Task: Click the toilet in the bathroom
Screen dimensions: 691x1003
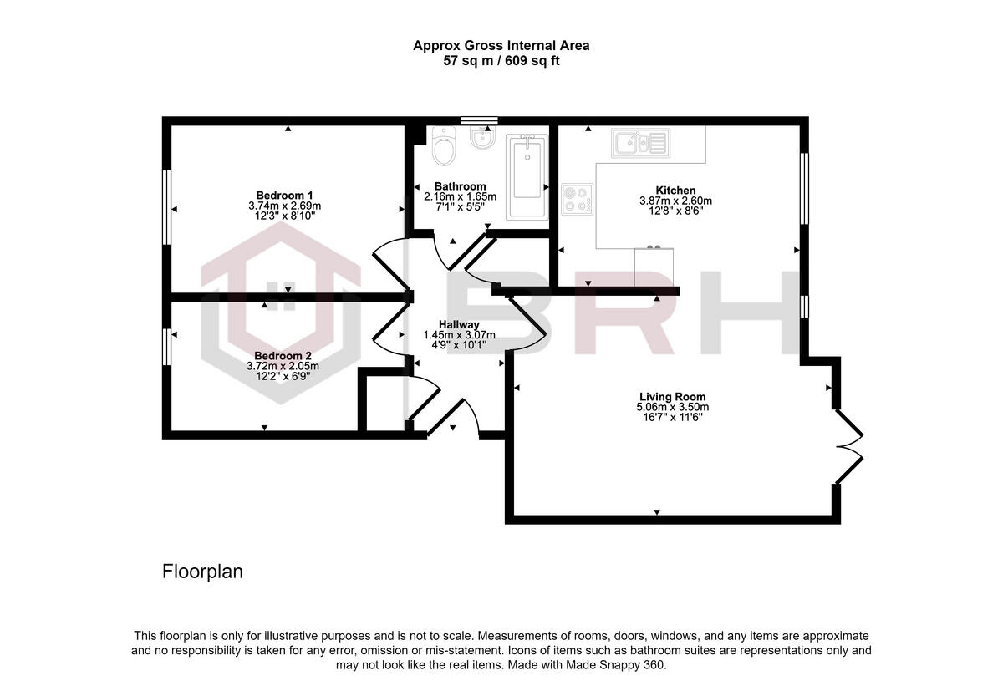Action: click(444, 147)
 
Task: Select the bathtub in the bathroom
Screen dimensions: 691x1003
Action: click(527, 176)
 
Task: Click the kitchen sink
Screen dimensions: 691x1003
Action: click(639, 143)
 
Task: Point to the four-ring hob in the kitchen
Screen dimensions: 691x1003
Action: click(577, 198)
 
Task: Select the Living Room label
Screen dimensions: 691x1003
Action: click(672, 397)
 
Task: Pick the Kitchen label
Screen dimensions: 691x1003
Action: click(675, 191)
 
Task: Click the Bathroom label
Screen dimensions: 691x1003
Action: click(460, 186)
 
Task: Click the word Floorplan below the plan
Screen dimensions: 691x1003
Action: click(201, 572)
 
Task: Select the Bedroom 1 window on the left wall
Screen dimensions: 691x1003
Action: click(167, 207)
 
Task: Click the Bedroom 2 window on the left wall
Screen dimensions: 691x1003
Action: click(167, 346)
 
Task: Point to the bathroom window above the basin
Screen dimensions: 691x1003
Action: click(479, 120)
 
